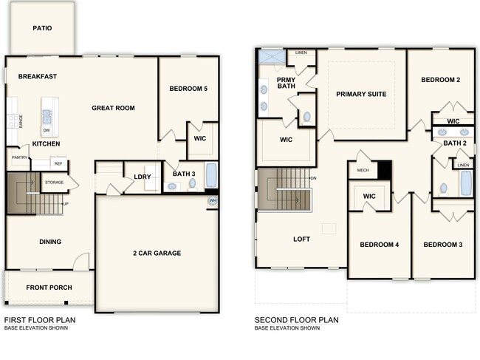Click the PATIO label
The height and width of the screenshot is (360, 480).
pyautogui.click(x=41, y=28)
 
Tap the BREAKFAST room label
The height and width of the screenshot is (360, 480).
pyautogui.click(x=38, y=76)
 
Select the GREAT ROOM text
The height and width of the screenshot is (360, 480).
pyautogui.click(x=113, y=108)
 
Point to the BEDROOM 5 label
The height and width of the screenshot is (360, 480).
pyautogui.click(x=188, y=89)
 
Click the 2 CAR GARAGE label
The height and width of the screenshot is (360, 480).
pyautogui.click(x=157, y=253)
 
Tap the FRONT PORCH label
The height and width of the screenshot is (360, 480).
pyautogui.click(x=49, y=287)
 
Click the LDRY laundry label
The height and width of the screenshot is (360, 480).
pyautogui.click(x=143, y=177)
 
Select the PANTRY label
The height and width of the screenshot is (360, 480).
pyautogui.click(x=18, y=157)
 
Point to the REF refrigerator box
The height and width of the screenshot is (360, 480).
pyautogui.click(x=58, y=164)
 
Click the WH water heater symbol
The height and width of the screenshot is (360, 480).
pyautogui.click(x=213, y=200)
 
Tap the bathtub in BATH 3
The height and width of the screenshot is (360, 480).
pyautogui.click(x=211, y=176)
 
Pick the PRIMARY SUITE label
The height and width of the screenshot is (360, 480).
pyautogui.click(x=361, y=94)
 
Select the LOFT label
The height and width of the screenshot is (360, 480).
pyautogui.click(x=301, y=239)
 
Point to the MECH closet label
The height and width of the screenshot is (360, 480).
pyautogui.click(x=363, y=170)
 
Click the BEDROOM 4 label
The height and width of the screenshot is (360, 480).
pyautogui.click(x=379, y=245)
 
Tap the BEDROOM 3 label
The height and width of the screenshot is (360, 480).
pyautogui.click(x=442, y=245)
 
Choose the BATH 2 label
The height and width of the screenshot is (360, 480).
pyautogui.click(x=454, y=143)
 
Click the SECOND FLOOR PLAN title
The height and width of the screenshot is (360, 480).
pyautogui.click(x=296, y=320)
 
